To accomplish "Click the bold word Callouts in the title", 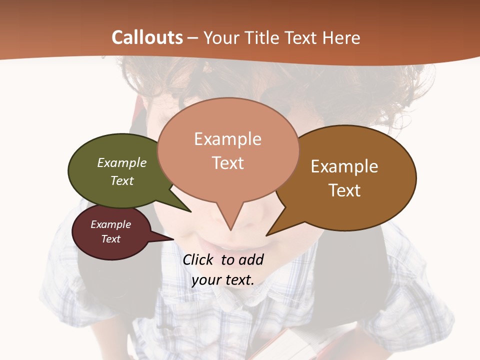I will [147, 37].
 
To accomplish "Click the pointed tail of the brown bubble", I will [272, 231].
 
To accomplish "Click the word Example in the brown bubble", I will [344, 166].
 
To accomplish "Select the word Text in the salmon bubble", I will [228, 163].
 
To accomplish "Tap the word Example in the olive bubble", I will [122, 162].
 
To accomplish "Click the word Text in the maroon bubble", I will [111, 239].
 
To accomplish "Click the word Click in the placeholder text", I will [198, 259].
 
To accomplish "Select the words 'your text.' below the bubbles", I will [223, 280].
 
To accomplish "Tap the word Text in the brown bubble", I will [345, 190].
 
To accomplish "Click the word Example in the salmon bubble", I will [228, 139].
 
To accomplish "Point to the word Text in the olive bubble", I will [122, 180].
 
